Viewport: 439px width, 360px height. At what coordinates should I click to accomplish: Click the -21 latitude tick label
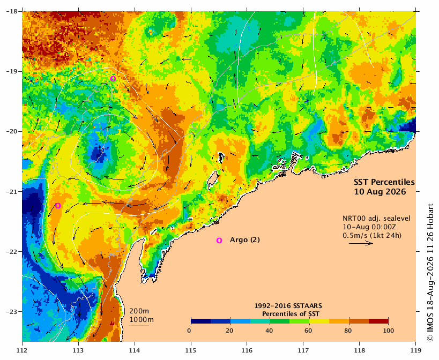click(x=11, y=192)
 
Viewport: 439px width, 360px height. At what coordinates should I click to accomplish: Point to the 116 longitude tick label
click(x=247, y=350)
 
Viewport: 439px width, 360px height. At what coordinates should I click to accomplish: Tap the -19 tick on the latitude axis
click(x=11, y=71)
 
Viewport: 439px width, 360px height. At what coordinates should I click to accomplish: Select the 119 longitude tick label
click(x=416, y=350)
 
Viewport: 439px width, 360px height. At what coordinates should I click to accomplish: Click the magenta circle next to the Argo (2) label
click(x=219, y=241)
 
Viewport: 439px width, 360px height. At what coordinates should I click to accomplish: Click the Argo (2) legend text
click(x=245, y=240)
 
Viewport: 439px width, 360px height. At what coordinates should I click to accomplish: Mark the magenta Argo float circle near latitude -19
click(x=113, y=79)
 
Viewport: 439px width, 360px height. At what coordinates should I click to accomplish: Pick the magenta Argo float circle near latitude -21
click(x=58, y=206)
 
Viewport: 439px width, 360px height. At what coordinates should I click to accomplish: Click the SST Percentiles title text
click(x=384, y=182)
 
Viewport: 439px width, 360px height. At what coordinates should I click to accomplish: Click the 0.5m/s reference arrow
click(x=361, y=243)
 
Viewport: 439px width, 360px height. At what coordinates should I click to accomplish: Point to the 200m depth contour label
click(x=139, y=311)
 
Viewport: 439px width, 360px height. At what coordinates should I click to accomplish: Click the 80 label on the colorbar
click(x=348, y=331)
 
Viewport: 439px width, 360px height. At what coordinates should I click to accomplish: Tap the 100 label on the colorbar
click(x=388, y=331)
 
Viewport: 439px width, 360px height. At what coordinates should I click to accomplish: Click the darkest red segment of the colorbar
click(x=378, y=321)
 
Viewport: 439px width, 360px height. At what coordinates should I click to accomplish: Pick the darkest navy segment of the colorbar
click(x=201, y=321)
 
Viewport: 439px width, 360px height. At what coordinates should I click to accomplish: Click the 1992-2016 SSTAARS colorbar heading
click(x=288, y=306)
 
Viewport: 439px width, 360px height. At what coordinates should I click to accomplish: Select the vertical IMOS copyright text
click(x=430, y=272)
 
